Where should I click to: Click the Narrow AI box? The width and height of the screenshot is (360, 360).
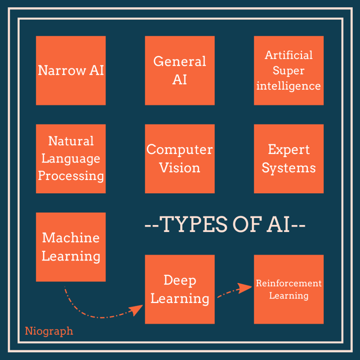[71, 70]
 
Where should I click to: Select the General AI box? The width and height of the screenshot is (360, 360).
[180, 70]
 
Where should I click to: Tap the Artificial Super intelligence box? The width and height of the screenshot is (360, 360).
[289, 70]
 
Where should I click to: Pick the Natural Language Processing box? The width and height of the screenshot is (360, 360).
[71, 159]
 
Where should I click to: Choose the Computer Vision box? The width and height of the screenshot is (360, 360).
[180, 159]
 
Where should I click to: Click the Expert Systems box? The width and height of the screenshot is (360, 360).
[289, 159]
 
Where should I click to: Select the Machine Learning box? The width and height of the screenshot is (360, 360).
[71, 247]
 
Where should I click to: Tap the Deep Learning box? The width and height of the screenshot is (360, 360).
[180, 289]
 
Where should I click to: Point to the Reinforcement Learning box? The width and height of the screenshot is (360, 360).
[289, 289]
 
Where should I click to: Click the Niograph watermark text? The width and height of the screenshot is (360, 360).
[49, 331]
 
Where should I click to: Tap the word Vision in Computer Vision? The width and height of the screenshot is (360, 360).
[180, 168]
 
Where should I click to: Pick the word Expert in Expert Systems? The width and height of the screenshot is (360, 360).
[289, 150]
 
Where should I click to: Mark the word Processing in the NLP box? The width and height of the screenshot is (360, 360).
[71, 176]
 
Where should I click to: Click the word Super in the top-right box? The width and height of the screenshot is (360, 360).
[289, 70]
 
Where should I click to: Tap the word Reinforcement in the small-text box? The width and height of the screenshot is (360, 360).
[289, 283]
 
